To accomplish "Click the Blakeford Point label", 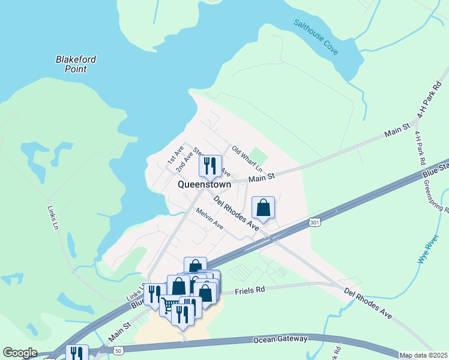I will click(76, 64).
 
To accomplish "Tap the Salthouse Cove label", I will click(316, 37).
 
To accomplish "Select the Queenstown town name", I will click(204, 185).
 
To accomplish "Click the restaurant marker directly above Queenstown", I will click(210, 166).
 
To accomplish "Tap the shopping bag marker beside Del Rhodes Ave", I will click(263, 208).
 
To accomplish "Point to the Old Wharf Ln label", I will click(247, 157).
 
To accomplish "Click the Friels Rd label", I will click(250, 290).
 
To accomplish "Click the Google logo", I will click(20, 353).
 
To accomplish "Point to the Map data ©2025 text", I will click(423, 355).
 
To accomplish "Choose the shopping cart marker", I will click(170, 304).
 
